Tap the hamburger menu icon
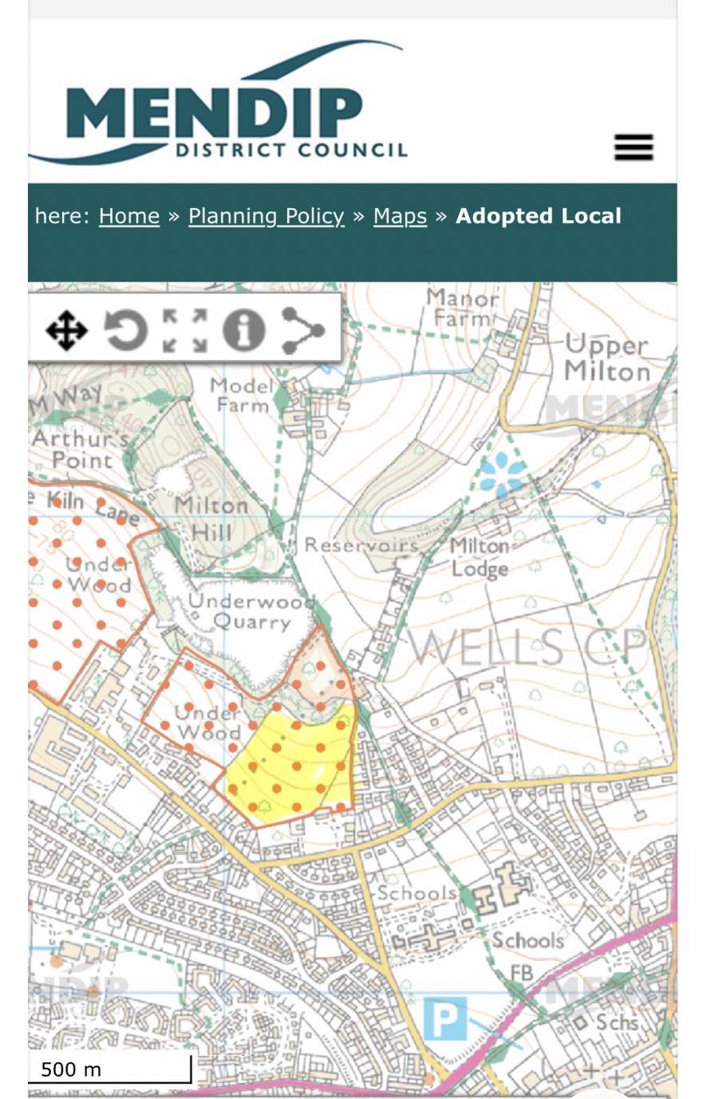[633, 148]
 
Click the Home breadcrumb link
[129, 216]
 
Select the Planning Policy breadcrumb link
[266, 216]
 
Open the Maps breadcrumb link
[400, 216]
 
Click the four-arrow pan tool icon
[65, 329]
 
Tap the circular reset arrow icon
[126, 329]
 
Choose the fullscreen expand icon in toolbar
[185, 329]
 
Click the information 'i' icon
[243, 329]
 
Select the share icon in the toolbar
[302, 329]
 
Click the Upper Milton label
[607, 358]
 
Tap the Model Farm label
[242, 396]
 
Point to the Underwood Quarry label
[251, 612]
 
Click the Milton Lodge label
[479, 557]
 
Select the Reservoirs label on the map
[361, 546]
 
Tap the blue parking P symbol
[444, 1018]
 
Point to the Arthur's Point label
[80, 449]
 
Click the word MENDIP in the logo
[215, 114]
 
